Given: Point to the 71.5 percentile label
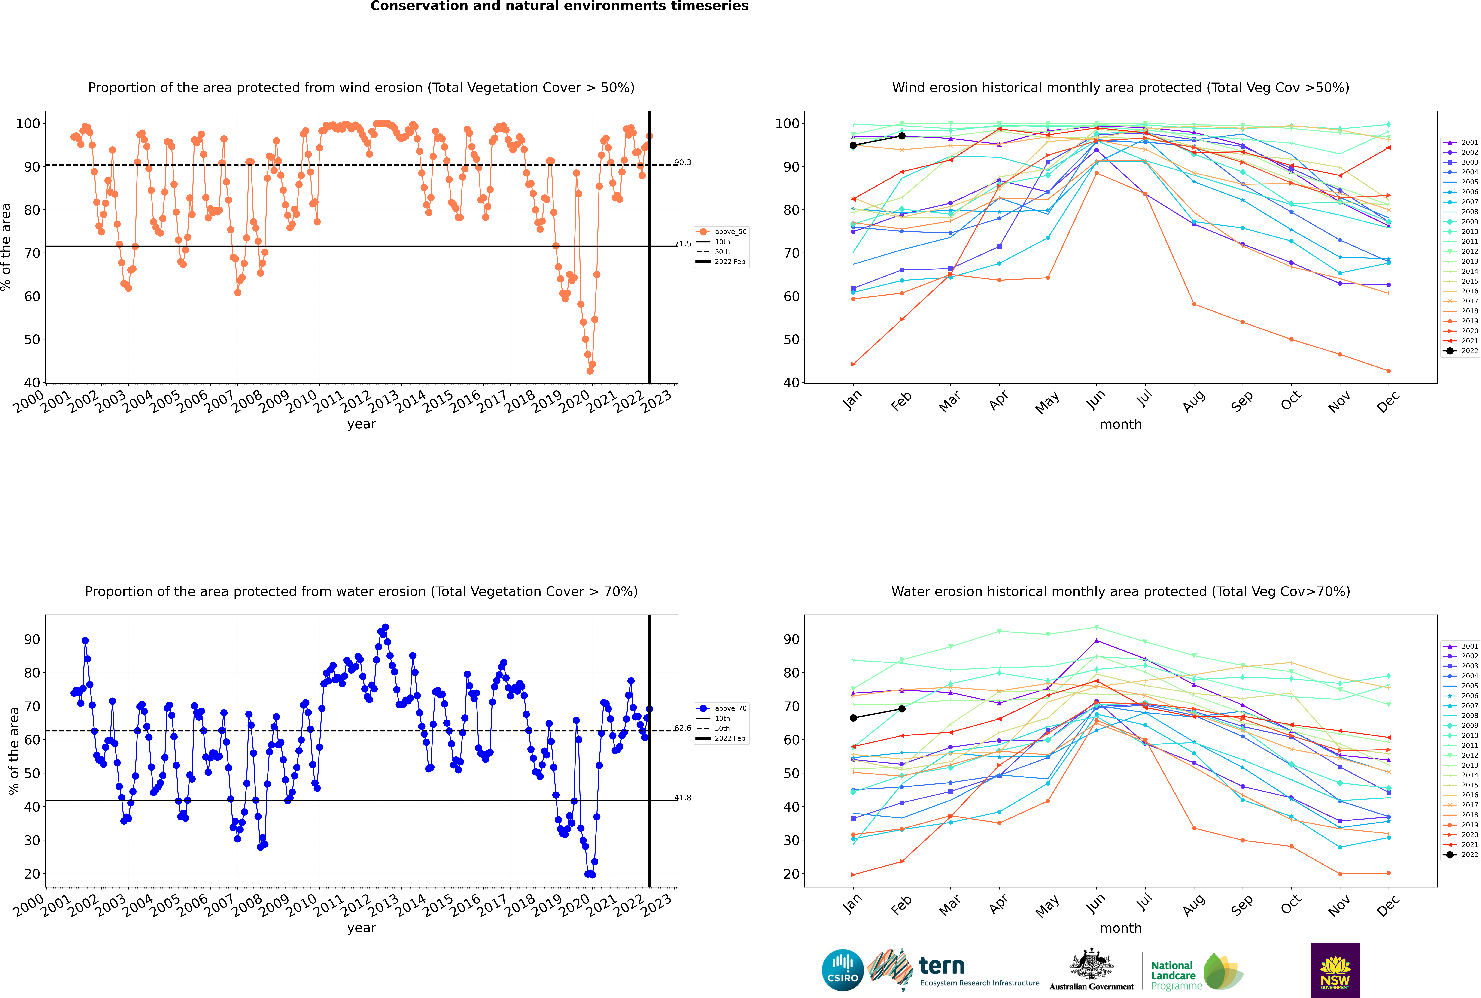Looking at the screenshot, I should click(683, 244).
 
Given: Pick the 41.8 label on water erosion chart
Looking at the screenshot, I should click(683, 798).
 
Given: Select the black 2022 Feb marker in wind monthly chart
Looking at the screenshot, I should click(902, 136).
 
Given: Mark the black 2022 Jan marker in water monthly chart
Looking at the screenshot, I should click(853, 718).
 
